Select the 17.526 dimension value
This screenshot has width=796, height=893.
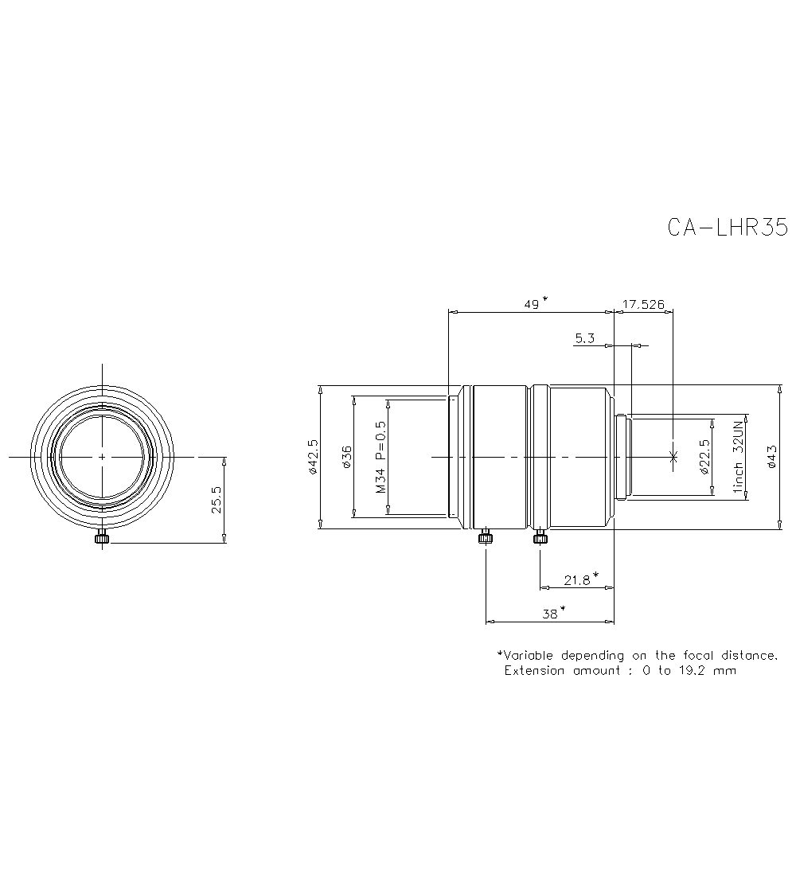coord(643,304)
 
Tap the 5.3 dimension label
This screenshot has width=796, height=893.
coord(584,338)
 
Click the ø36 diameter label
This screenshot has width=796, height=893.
coord(346,457)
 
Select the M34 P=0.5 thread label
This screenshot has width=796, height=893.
coord(380,457)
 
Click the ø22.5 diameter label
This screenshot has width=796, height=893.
coord(703,457)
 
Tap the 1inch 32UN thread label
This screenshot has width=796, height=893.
coord(738,457)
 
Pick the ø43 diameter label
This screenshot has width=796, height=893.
coord(771,457)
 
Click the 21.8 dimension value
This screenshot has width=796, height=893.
coord(576,580)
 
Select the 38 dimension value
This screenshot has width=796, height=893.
coord(549,613)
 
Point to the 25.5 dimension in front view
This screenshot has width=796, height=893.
coord(217,501)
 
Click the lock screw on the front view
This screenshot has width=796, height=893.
coord(101,539)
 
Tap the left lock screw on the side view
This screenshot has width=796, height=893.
coord(485,538)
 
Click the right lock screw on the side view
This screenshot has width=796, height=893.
coord(540,538)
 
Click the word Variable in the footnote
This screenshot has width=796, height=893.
coord(530,655)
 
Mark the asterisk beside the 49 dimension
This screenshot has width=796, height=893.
coord(544,300)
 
